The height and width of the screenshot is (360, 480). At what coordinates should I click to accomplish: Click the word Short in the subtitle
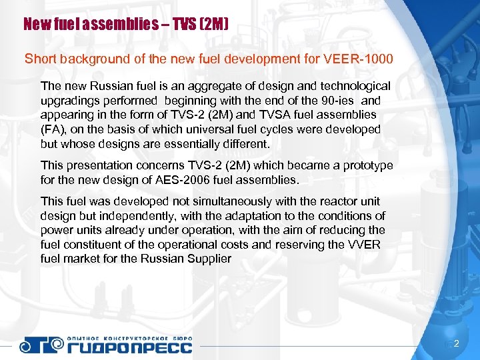39,59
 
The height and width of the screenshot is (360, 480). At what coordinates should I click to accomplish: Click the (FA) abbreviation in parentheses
53,129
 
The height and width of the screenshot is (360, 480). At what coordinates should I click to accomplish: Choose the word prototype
362,165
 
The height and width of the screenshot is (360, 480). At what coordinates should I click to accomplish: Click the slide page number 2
456,343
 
